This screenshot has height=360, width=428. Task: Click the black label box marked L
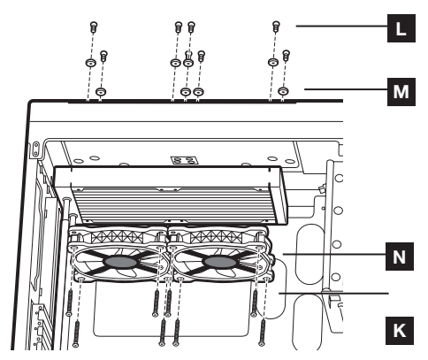click(x=401, y=28)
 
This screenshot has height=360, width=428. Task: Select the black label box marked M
click(x=401, y=92)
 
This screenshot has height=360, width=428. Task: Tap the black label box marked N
click(x=400, y=257)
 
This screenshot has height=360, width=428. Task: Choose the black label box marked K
click(x=400, y=331)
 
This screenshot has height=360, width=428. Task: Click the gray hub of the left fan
click(x=120, y=262)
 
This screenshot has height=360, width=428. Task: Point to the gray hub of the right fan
click(x=220, y=262)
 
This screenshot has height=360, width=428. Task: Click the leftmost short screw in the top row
click(x=94, y=27)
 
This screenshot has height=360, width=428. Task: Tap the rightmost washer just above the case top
click(x=283, y=91)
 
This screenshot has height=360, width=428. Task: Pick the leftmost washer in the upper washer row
click(x=90, y=63)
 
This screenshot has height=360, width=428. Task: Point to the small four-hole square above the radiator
click(x=184, y=160)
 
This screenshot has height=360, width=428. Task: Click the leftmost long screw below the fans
click(x=70, y=303)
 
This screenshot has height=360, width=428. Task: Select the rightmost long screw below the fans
click(x=262, y=333)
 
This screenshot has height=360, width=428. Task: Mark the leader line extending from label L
click(x=341, y=27)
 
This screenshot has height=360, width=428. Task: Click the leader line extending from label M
click(x=346, y=89)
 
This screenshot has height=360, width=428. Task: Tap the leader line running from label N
click(x=334, y=254)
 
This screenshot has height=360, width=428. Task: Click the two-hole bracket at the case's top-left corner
click(x=36, y=149)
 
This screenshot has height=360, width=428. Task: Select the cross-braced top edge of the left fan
click(x=117, y=237)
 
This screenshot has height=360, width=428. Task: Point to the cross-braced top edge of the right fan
click(x=217, y=237)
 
